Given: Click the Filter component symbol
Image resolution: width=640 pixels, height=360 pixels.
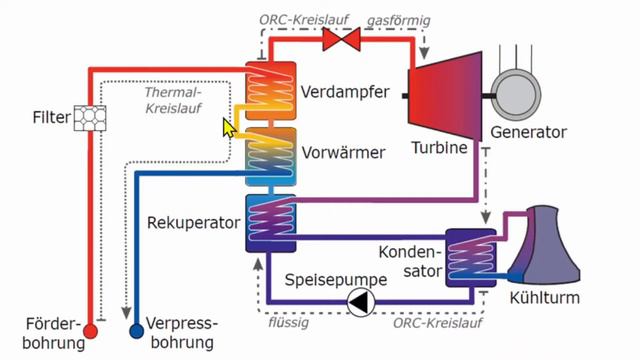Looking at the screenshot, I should coord(90,118).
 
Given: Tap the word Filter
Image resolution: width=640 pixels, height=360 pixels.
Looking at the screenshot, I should coord(51,119).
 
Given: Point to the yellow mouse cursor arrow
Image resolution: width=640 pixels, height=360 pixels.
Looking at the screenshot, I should coord(230,128).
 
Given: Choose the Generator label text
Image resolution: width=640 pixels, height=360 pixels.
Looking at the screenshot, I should coord(528,132).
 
